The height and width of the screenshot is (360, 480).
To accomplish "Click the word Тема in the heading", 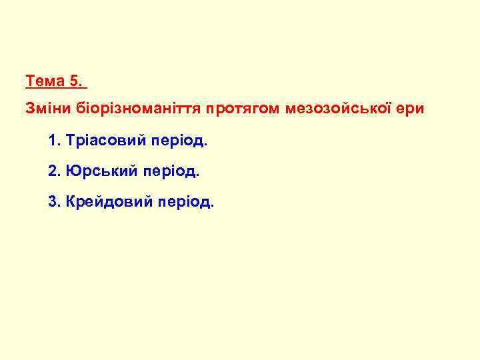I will (45, 82).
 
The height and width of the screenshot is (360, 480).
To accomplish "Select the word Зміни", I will (46, 107).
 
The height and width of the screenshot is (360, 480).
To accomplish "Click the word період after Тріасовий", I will (180, 142).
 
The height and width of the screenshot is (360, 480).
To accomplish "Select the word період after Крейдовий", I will (187, 202).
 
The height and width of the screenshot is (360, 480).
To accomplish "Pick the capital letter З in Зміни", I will (30, 107).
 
